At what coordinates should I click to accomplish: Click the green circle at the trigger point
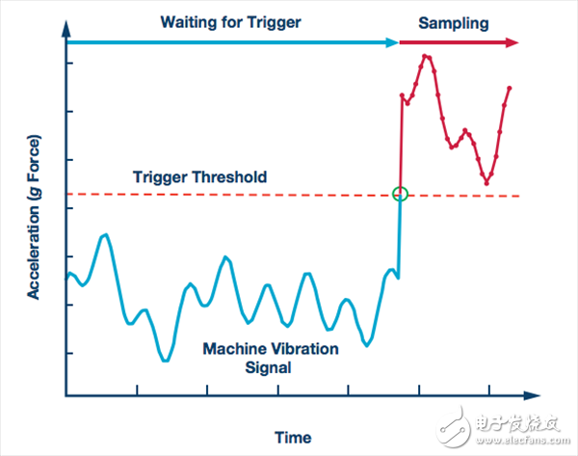coord(401,194)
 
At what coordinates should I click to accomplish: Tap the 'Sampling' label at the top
coord(457,20)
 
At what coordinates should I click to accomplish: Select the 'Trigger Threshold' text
coord(199,177)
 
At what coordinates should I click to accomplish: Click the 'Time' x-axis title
coord(292,437)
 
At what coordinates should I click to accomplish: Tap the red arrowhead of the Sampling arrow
coord(513,42)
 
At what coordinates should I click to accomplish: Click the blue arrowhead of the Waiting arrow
coord(393,42)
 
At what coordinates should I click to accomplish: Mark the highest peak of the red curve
coord(426,56)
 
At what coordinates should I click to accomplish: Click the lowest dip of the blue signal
coord(166,360)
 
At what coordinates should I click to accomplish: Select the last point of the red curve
coord(509,88)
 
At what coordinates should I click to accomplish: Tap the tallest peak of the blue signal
coord(105,233)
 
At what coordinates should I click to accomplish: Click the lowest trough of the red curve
coord(487,182)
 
